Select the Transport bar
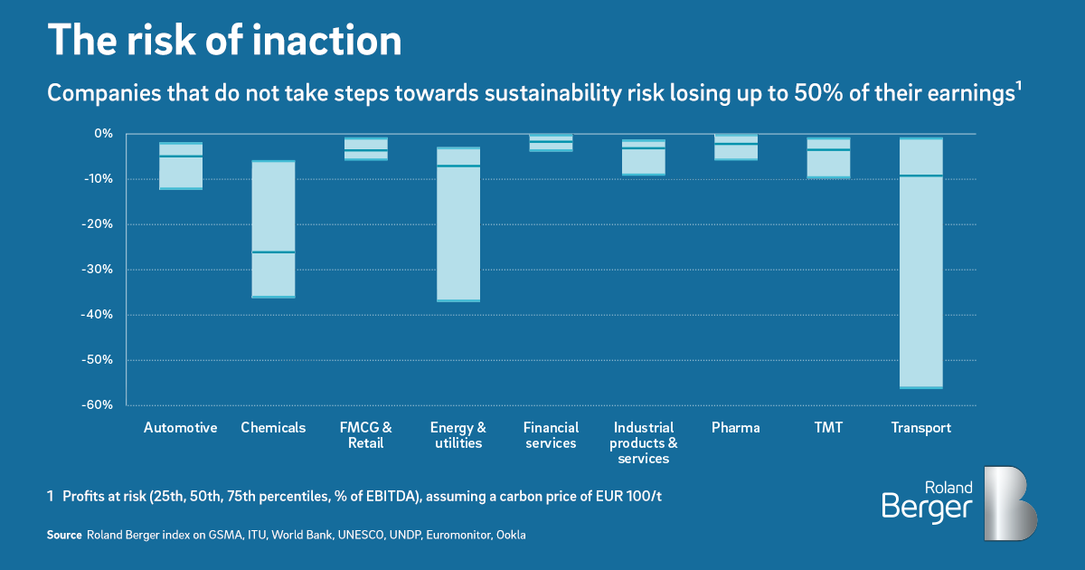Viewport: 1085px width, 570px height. (x=920, y=262)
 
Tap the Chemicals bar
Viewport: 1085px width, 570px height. (x=273, y=229)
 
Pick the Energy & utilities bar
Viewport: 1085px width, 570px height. (x=458, y=224)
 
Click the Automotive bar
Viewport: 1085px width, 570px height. (x=181, y=166)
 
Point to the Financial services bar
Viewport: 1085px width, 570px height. (x=551, y=142)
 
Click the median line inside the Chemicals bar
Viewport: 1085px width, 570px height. (x=273, y=252)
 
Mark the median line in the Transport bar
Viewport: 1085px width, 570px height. (x=920, y=176)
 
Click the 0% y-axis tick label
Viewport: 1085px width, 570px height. (x=103, y=134)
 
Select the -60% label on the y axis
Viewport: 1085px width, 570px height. (x=99, y=405)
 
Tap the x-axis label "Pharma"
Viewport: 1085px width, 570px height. (x=735, y=428)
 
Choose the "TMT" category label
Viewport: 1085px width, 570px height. (x=827, y=428)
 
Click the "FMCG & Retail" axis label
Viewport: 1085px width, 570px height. (x=365, y=435)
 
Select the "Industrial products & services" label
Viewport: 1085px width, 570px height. (x=644, y=443)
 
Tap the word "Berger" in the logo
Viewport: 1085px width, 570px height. (x=927, y=508)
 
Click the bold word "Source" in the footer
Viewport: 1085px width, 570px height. (x=63, y=536)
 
